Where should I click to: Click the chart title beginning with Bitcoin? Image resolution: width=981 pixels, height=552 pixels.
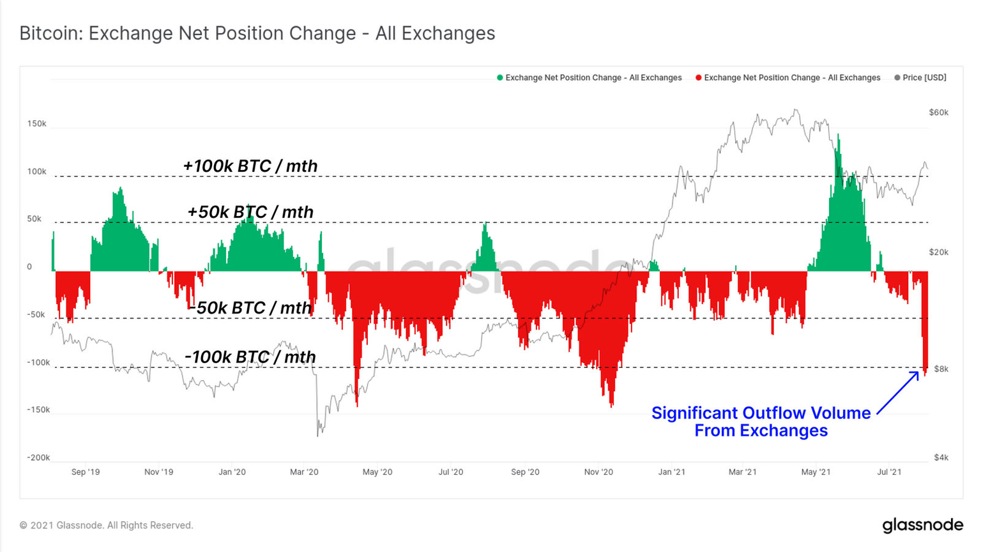[x=257, y=33]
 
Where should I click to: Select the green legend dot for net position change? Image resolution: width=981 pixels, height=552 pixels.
[x=500, y=78]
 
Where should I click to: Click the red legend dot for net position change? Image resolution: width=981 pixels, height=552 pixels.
[x=699, y=78]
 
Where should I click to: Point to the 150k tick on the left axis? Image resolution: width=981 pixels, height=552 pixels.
[x=36, y=123]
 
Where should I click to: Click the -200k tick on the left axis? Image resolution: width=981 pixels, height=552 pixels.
[x=38, y=457]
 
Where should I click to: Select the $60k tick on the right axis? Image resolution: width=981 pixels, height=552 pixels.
[x=938, y=112]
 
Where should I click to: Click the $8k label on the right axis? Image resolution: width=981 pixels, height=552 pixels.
[x=941, y=369]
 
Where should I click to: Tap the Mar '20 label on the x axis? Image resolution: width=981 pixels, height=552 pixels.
[x=304, y=472]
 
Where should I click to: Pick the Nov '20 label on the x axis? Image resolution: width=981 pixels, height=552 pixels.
[x=598, y=472]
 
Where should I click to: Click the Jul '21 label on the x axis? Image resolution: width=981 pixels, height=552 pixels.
[x=889, y=472]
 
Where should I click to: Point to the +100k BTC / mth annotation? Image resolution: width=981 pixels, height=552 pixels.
[x=250, y=166]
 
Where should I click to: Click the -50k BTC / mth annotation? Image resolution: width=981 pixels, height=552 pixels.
[x=250, y=308]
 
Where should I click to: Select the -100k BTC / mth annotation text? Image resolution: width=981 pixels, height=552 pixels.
[x=250, y=357]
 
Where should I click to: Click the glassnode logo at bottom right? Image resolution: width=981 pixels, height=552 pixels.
[x=922, y=525]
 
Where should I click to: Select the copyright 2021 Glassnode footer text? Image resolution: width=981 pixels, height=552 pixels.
[x=106, y=525]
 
